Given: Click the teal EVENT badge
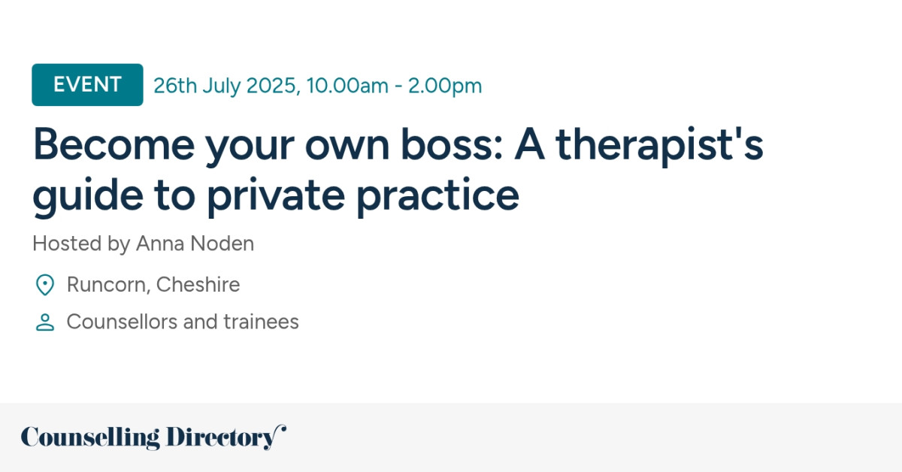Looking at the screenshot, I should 87,85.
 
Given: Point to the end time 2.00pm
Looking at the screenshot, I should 445,86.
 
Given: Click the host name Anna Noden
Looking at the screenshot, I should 195,244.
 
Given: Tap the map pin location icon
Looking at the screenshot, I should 45,286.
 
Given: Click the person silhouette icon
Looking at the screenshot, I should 45,322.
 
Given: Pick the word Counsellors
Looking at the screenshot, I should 121,322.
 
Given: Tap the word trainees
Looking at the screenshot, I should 261,322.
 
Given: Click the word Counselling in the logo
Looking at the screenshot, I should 90,437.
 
